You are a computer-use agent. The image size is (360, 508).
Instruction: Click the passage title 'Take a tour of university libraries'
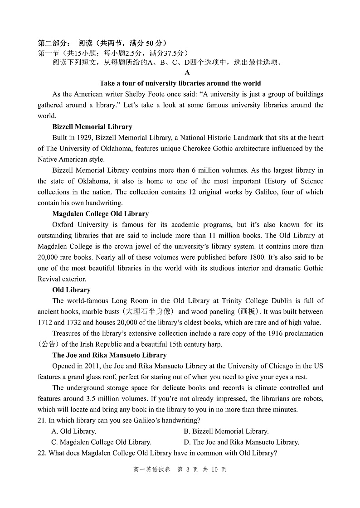pyautogui.click(x=180, y=83)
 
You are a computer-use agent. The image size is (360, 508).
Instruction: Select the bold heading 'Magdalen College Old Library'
pyautogui.click(x=100, y=213)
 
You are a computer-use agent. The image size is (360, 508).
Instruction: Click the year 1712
pyautogui.click(x=45, y=323)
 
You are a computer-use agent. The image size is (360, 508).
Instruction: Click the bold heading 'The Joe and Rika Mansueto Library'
pyautogui.click(x=109, y=355)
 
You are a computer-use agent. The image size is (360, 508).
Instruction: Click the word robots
pyautogui.click(x=311, y=399)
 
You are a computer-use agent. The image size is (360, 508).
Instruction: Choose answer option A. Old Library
pyautogui.click(x=73, y=431)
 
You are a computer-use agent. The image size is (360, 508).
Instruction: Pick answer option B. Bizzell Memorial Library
pyautogui.click(x=226, y=431)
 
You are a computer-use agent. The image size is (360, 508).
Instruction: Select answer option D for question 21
pyautogui.click(x=241, y=442)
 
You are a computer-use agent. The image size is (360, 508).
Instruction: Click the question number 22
pyautogui.click(x=42, y=453)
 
